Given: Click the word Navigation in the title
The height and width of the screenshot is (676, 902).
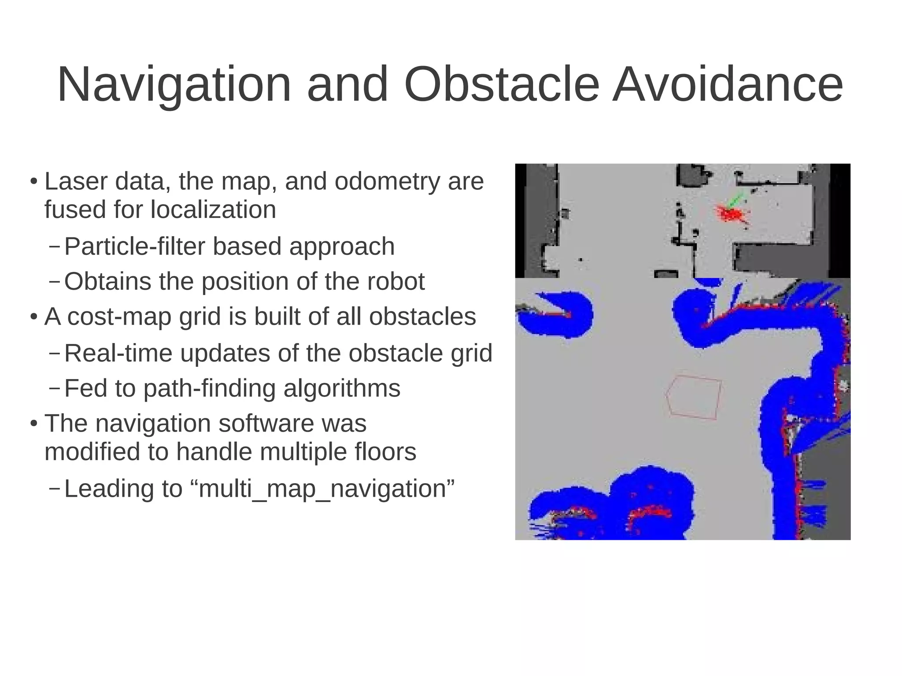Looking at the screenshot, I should point(174,85).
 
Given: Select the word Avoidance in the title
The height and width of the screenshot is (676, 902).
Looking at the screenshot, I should point(727,85).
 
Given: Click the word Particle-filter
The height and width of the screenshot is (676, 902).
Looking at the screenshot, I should point(135,246).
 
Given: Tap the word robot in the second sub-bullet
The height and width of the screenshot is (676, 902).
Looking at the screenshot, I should point(396,281).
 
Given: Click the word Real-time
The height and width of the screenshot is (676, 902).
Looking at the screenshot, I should point(118,353).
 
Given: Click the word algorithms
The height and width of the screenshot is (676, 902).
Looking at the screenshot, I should point(342,388).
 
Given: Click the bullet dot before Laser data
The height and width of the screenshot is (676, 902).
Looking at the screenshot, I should point(34,182).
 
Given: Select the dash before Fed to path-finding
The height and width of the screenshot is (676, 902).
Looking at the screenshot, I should point(54,388).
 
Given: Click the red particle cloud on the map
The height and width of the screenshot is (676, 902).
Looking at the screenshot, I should point(731,215).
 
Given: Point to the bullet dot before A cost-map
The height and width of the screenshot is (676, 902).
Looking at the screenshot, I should point(34,317).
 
